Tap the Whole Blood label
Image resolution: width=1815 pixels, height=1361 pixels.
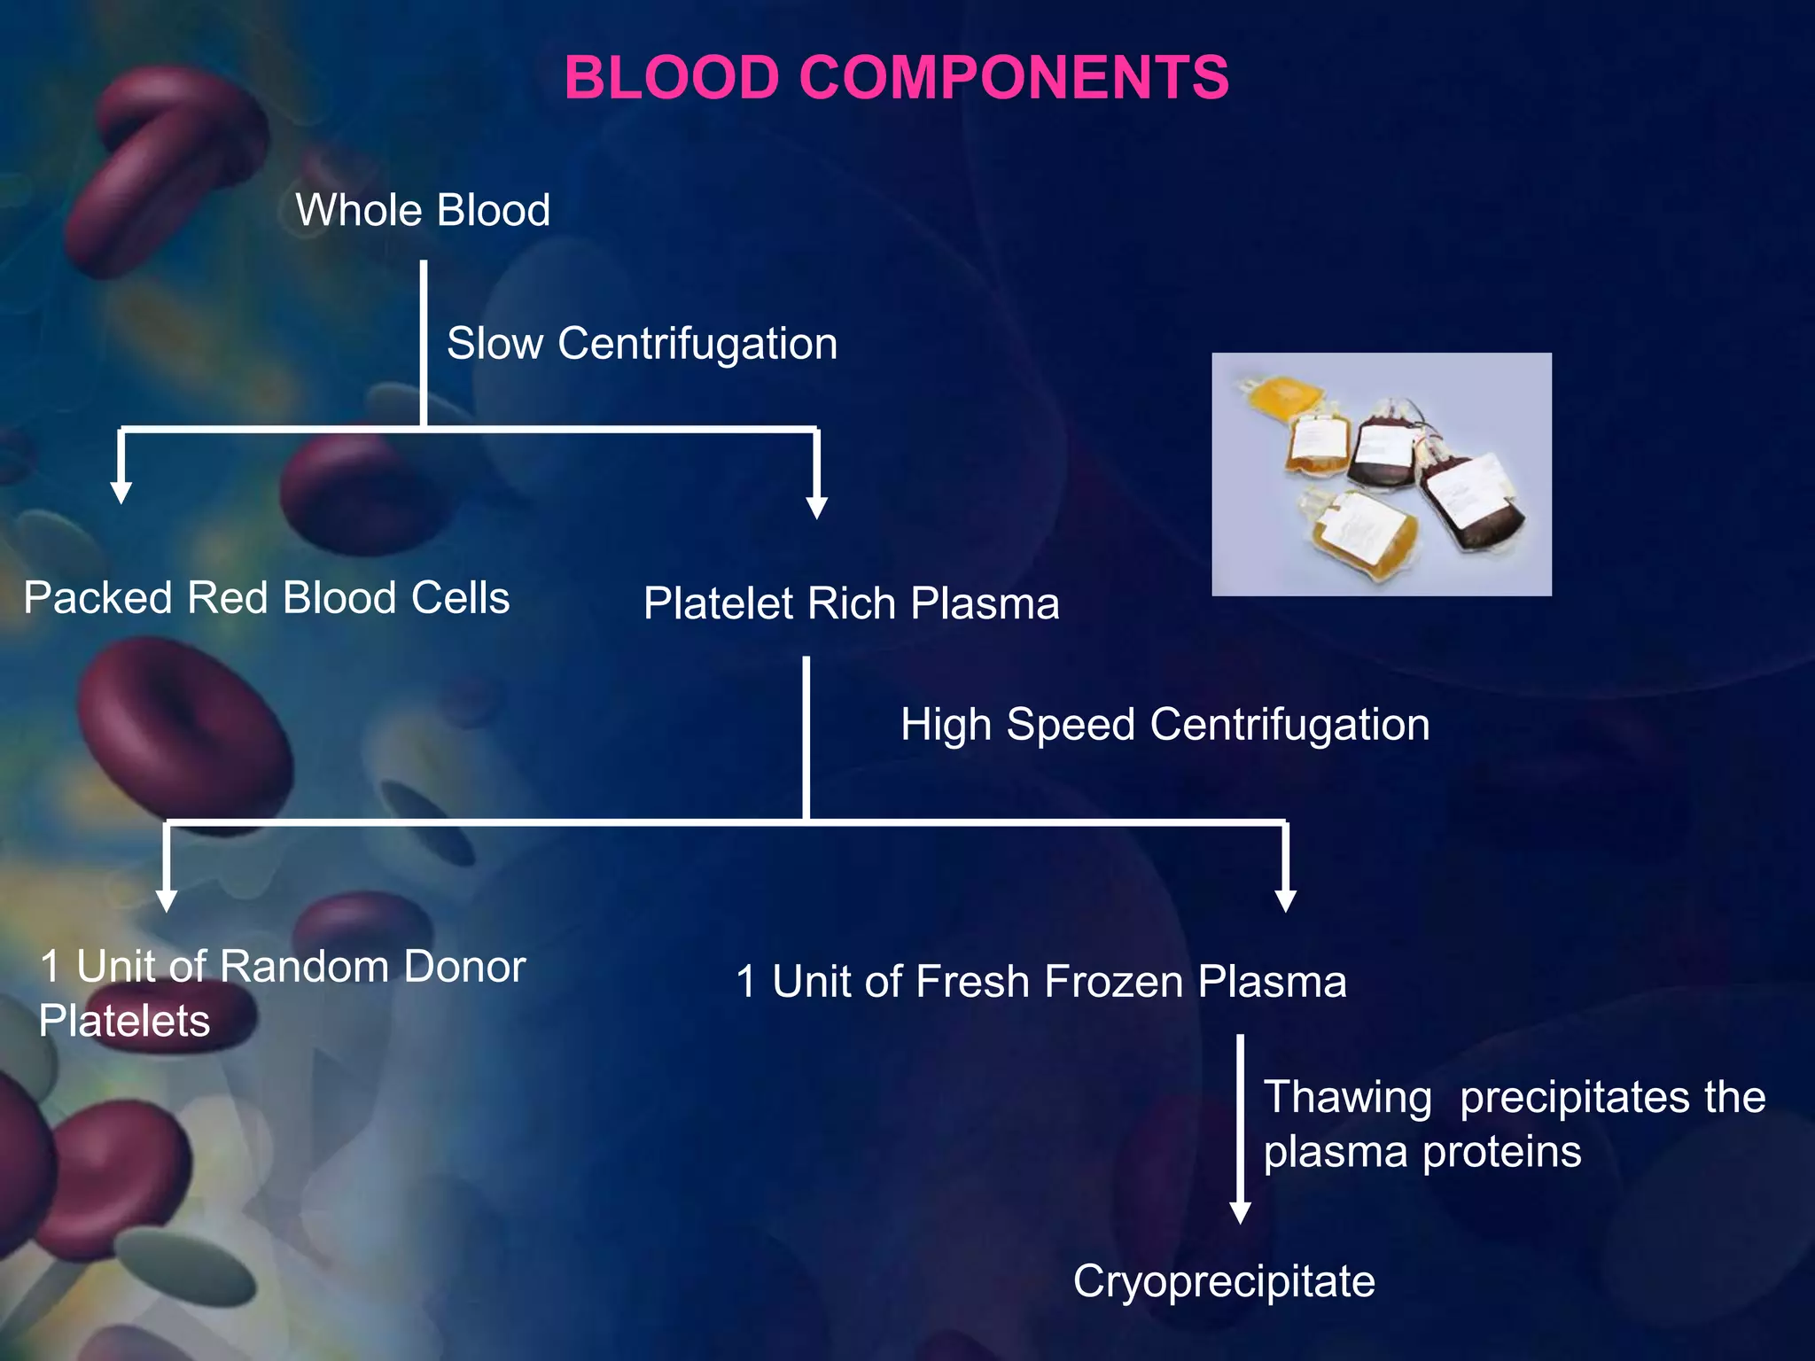pos(423,211)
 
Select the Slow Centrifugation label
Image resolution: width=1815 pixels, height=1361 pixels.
pos(642,344)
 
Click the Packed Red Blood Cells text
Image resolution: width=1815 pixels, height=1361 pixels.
pos(266,598)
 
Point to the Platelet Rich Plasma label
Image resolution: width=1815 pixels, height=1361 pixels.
pos(851,604)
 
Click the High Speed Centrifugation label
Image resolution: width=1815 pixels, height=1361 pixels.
pos(1165,725)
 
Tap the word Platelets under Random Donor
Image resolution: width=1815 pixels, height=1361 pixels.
pos(125,1021)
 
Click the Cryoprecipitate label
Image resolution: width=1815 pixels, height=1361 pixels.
pos(1223,1282)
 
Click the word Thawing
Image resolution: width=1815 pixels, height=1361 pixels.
pos(1347,1098)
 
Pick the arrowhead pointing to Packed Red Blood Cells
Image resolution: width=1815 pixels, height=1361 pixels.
pos(121,493)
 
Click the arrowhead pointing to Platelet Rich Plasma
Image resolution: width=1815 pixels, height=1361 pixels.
pos(817,507)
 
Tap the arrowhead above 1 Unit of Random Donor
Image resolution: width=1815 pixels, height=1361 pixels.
pos(167,900)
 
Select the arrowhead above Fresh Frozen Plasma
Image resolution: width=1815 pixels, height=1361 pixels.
pos(1285,900)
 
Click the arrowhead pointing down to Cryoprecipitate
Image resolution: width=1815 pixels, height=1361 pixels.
pos(1241,1212)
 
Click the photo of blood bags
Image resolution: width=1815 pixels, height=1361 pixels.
pos(1381,474)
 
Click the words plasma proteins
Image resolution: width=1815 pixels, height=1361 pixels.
pos(1422,1153)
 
